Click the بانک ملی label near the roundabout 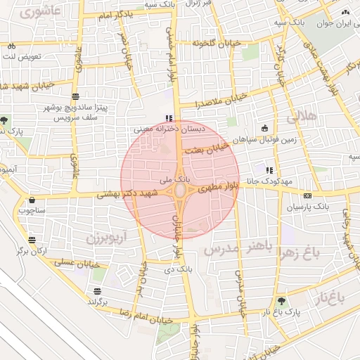coord(161,181)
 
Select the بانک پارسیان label coord(308,207)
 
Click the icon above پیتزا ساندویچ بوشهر coord(75,96)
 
